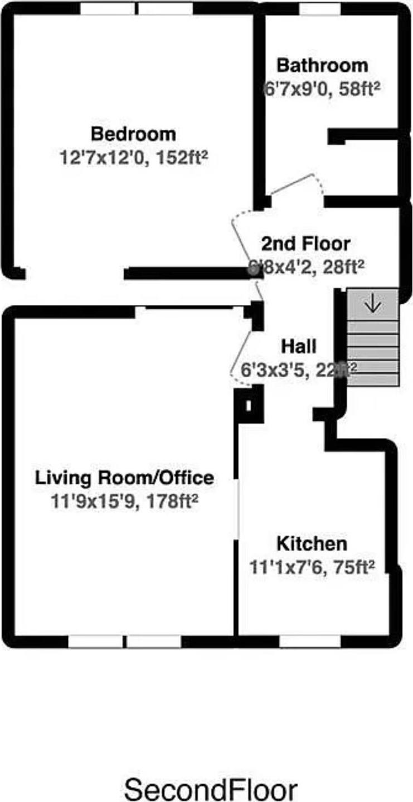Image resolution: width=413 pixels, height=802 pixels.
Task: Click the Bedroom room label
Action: click(133, 134)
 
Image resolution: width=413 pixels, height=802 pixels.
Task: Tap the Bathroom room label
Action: click(322, 65)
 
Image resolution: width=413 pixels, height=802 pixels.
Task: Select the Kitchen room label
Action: click(312, 543)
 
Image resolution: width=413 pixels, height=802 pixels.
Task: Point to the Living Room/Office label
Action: click(124, 478)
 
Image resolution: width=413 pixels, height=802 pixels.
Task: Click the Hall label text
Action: click(298, 347)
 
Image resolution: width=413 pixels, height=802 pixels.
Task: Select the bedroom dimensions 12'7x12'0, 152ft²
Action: click(133, 157)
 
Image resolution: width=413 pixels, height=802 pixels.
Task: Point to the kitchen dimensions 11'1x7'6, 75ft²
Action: click(312, 567)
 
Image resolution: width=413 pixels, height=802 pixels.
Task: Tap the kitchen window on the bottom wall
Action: click(310, 641)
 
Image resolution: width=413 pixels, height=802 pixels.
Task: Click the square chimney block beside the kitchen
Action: click(248, 405)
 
